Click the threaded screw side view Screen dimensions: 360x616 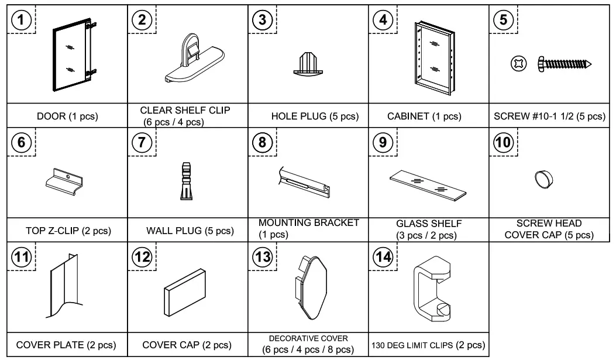564,63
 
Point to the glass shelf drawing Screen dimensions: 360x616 429,186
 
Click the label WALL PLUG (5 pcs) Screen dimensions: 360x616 188,231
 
